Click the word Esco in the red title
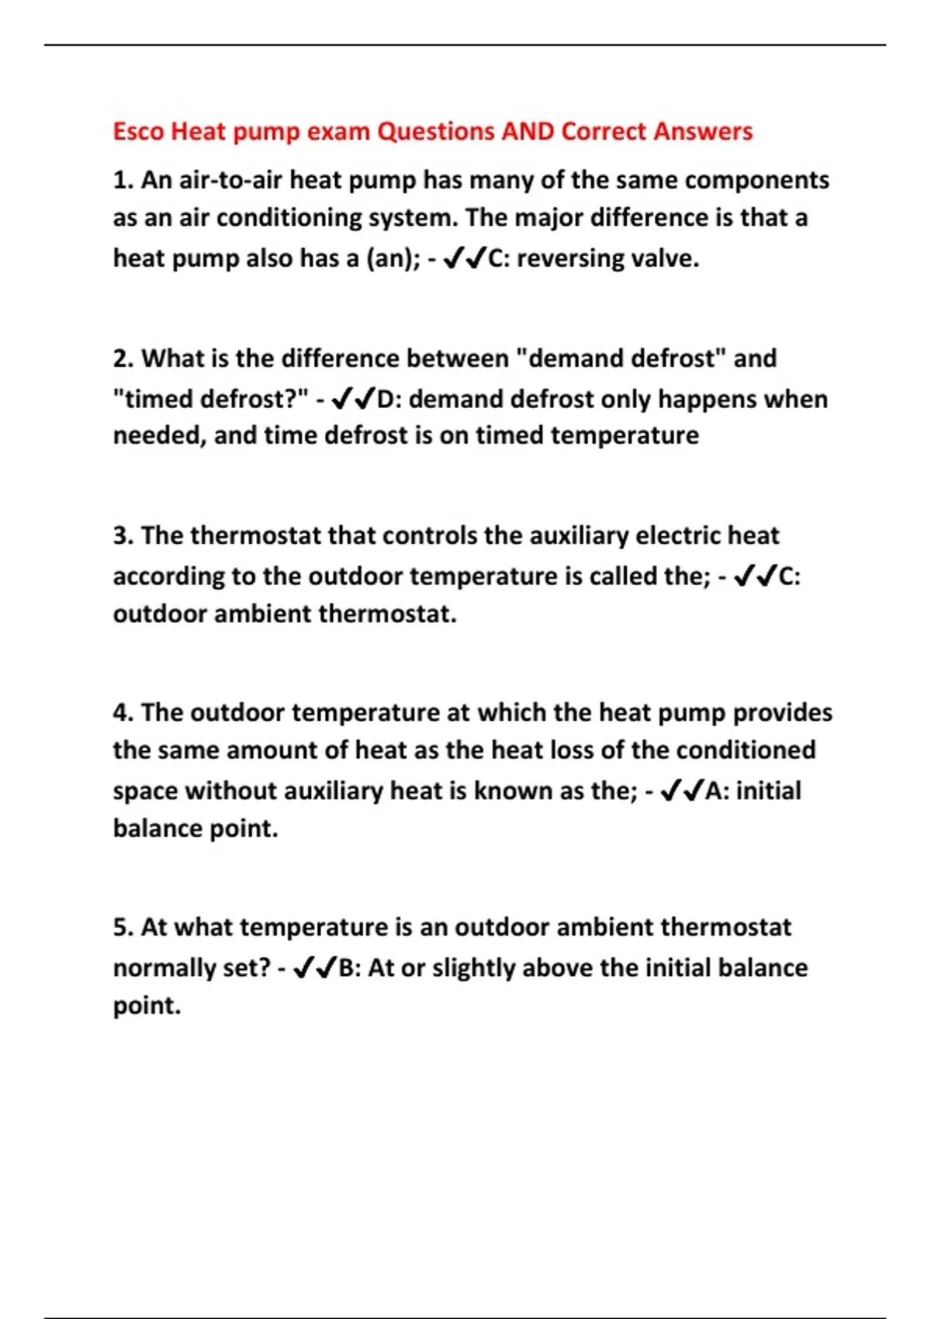[x=138, y=131]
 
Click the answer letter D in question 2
[x=386, y=400]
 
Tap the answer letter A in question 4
[x=713, y=791]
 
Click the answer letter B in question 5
[x=347, y=968]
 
